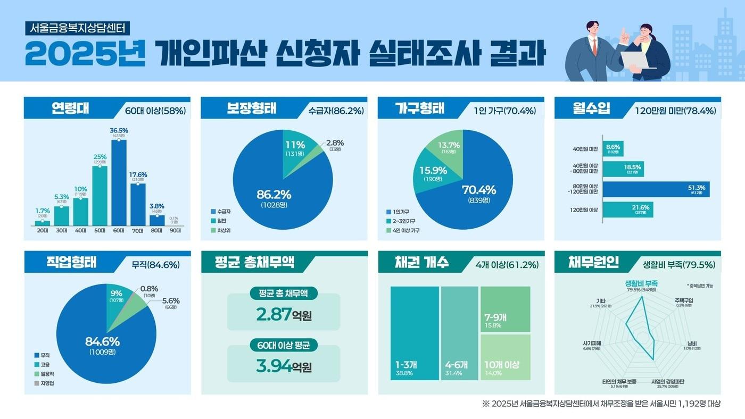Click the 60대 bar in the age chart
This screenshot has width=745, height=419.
click(119, 183)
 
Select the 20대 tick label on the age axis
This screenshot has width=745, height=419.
click(42, 231)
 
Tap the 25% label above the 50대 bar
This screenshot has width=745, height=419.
click(100, 157)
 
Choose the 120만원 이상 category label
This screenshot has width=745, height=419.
click(585, 210)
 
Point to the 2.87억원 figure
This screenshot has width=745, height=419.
click(283, 315)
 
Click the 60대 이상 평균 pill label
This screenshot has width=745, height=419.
click(283, 346)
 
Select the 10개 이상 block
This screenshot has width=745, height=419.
click(505, 357)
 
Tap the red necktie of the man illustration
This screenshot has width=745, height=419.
click(594, 46)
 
